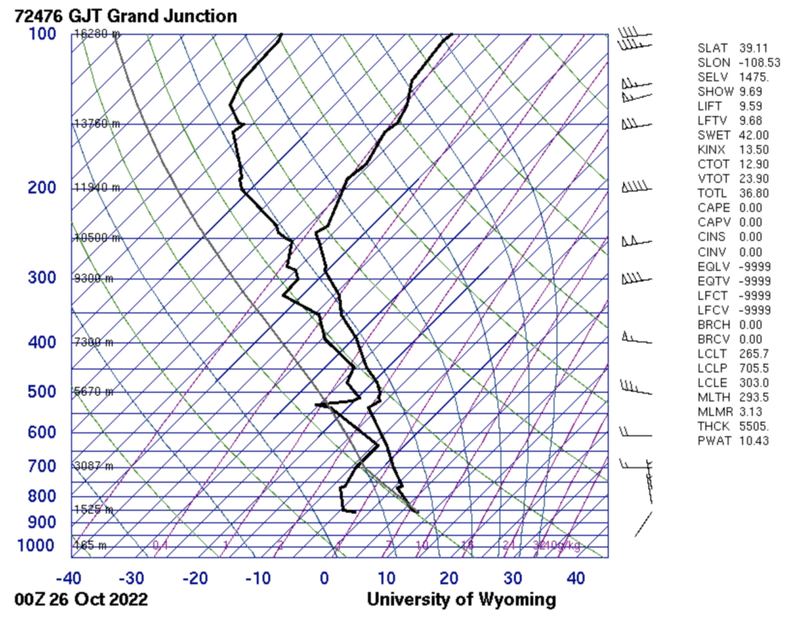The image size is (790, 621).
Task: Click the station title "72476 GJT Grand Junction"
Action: [x=126, y=15]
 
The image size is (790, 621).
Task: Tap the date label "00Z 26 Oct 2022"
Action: [x=82, y=599]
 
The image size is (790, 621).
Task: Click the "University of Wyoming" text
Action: [x=461, y=599]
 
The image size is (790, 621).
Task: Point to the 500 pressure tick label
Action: [x=42, y=392]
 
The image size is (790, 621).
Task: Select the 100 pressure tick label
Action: [x=42, y=34]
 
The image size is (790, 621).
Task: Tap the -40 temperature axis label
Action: [x=69, y=578]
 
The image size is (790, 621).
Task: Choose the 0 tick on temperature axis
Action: [x=324, y=578]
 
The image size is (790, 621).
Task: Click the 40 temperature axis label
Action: [x=576, y=578]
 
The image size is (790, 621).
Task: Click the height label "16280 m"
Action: [x=97, y=34]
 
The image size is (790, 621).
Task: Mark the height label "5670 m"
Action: [x=93, y=392]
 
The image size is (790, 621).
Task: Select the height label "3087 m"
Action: [x=93, y=466]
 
